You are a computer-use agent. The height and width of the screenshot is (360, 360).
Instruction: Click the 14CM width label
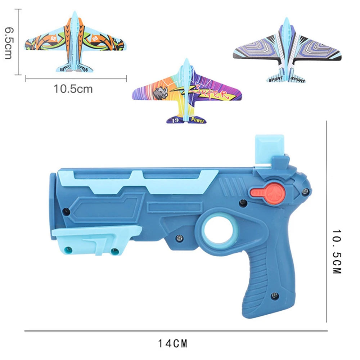[172, 344]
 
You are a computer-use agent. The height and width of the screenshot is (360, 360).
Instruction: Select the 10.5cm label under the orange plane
[73, 89]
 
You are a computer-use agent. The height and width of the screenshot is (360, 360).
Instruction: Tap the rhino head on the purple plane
[161, 93]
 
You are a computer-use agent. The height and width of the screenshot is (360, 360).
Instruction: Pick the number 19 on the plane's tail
[175, 120]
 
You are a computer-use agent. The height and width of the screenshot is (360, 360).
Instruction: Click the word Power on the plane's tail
[197, 120]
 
